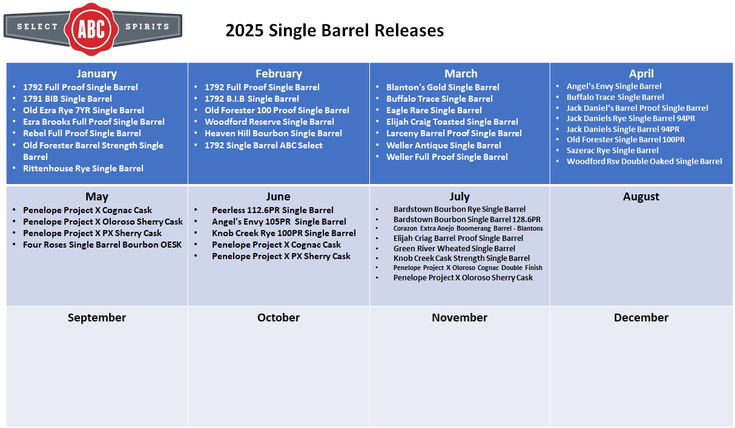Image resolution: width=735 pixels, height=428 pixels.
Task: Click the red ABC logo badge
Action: pyautogui.click(x=91, y=29)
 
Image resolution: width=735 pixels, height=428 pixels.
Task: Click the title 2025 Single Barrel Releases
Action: pyautogui.click(x=335, y=30)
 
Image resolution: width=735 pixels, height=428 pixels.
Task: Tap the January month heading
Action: pyautogui.click(x=96, y=73)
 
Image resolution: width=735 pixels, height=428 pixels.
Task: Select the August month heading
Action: pyautogui.click(x=641, y=197)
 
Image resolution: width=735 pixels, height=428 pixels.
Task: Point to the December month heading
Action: pyautogui.click(x=641, y=317)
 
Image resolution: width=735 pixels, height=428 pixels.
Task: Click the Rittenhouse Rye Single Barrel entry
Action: pyautogui.click(x=83, y=168)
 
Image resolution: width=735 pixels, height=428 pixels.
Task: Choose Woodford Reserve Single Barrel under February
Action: pyautogui.click(x=269, y=122)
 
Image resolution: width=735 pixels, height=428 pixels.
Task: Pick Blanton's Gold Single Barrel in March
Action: pyautogui.click(x=443, y=87)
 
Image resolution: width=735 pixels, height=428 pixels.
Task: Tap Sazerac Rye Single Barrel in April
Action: pyautogui.click(x=612, y=151)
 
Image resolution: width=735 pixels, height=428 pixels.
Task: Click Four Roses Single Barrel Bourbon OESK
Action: pyautogui.click(x=102, y=245)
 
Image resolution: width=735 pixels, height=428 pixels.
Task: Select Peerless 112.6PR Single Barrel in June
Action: pyautogui.click(x=272, y=210)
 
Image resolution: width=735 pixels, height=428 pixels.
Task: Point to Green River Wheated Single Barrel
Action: pyautogui.click(x=454, y=249)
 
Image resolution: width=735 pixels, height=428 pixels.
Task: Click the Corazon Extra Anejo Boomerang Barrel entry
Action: pyautogui.click(x=468, y=228)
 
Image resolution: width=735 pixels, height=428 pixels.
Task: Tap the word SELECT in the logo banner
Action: pyautogui.click(x=37, y=27)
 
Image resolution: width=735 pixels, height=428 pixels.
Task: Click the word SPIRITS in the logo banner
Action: pyautogui.click(x=147, y=27)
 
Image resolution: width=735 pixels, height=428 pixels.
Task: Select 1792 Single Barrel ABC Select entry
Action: pyautogui.click(x=263, y=145)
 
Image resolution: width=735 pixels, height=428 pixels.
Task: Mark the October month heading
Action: pyautogui.click(x=279, y=317)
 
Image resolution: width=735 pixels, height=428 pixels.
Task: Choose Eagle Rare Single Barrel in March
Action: pyautogui.click(x=433, y=110)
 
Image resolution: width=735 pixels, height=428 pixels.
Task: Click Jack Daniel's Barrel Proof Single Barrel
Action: pyautogui.click(x=637, y=108)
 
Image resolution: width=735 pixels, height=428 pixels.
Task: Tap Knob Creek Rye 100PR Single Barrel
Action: pyautogui.click(x=284, y=233)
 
